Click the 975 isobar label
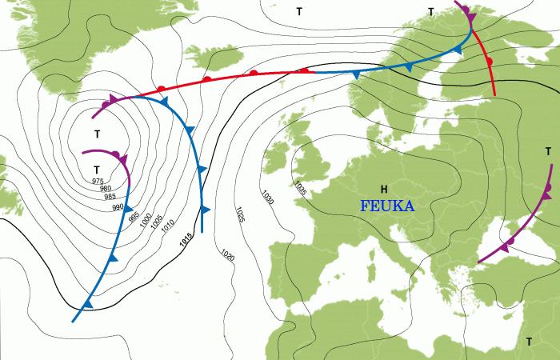pos(98,182)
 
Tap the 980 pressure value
pos(104,189)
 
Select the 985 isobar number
pos(110,197)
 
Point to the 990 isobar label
pos(118,207)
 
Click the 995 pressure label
pos(133,217)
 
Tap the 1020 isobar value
pos(227,256)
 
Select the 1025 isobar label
pos(241,214)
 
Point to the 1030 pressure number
pos(267,197)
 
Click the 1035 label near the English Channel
pos(300,189)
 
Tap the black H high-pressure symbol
pos(384,189)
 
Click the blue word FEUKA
pos(387,206)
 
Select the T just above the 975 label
pos(97,170)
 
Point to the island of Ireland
pos(276,157)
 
